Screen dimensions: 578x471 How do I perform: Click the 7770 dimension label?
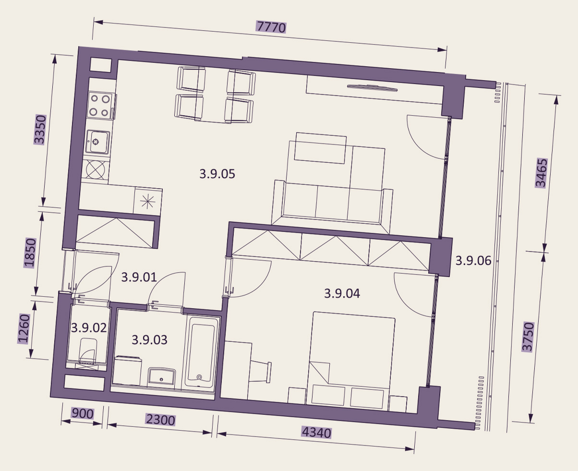click(271, 27)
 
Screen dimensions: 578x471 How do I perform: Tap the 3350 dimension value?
click(40, 130)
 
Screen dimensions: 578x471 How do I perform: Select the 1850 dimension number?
click(30, 253)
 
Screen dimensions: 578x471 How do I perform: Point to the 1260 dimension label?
click(24, 328)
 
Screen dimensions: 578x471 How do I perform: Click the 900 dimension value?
click(83, 413)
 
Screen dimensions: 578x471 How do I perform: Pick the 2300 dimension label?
click(161, 420)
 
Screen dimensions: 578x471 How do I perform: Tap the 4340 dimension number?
click(317, 433)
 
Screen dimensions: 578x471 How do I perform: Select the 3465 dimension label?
click(541, 173)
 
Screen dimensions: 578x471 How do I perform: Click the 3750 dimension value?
click(528, 337)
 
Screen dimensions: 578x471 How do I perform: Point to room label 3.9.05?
click(217, 174)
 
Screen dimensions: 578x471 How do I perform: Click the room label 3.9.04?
click(342, 293)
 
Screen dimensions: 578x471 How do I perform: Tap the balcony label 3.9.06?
click(473, 261)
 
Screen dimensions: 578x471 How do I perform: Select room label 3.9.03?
click(149, 339)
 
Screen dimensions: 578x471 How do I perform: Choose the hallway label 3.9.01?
click(139, 278)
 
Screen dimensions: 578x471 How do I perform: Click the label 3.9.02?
click(89, 328)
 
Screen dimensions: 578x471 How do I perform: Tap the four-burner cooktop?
click(100, 105)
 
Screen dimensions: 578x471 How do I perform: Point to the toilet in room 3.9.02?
click(87, 351)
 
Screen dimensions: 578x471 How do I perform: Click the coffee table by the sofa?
click(321, 148)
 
